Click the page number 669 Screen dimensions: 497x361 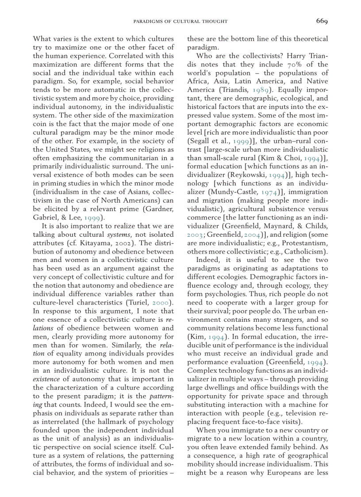[322, 21]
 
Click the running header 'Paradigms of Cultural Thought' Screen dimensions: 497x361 [180, 21]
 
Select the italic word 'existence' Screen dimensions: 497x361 [46, 379]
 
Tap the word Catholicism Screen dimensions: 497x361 [304, 251]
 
